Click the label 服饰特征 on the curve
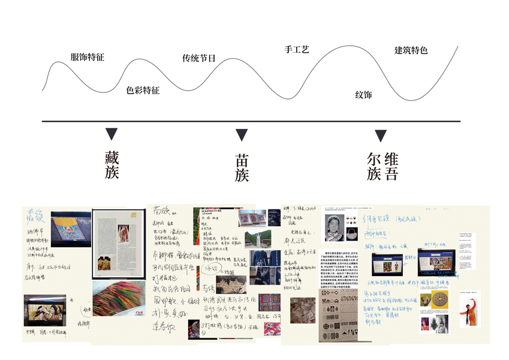(88, 58)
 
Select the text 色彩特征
(143, 91)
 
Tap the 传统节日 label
(198, 59)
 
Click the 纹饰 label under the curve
(363, 95)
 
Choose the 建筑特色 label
(411, 50)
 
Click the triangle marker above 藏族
(112, 134)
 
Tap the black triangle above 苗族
(242, 134)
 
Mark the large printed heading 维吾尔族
(382, 166)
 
